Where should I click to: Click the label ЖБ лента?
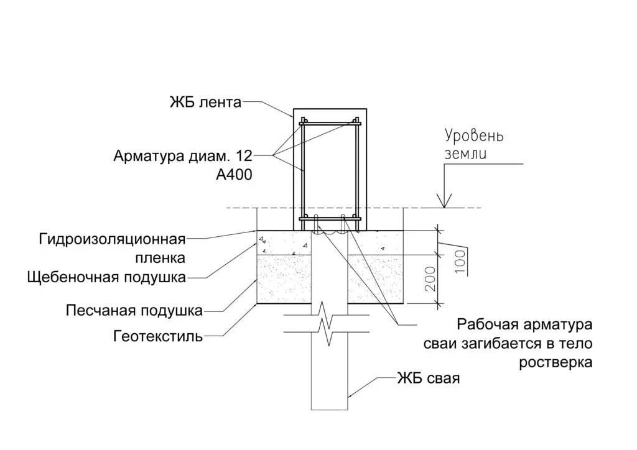(x=205, y=103)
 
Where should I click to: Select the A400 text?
(x=233, y=175)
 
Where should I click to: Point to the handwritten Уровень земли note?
(x=474, y=144)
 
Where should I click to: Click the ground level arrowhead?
(x=444, y=201)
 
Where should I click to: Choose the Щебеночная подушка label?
(x=106, y=277)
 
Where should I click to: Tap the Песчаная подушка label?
(x=134, y=310)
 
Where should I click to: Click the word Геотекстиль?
(x=158, y=337)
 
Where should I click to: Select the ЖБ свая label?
(x=429, y=378)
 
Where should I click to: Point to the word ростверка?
(x=556, y=362)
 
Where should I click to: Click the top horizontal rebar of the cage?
(x=329, y=124)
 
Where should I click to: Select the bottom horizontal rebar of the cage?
(x=329, y=218)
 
